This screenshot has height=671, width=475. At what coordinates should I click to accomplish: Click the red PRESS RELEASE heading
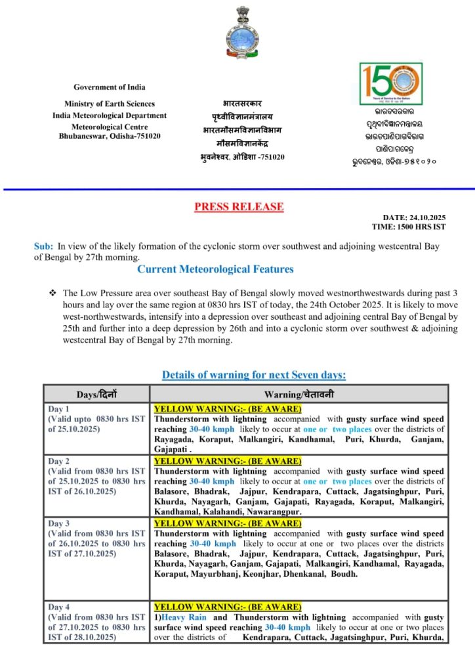[239, 207]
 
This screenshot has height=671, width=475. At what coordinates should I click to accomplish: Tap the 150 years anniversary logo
[390, 83]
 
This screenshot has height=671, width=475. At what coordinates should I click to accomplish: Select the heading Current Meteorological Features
[215, 269]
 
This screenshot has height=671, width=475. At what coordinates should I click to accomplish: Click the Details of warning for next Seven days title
[254, 375]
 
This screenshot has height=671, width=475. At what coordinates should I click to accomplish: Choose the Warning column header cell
[299, 394]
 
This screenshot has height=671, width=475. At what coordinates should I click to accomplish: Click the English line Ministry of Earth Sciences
[110, 104]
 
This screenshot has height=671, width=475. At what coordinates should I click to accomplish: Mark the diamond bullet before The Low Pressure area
[52, 292]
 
